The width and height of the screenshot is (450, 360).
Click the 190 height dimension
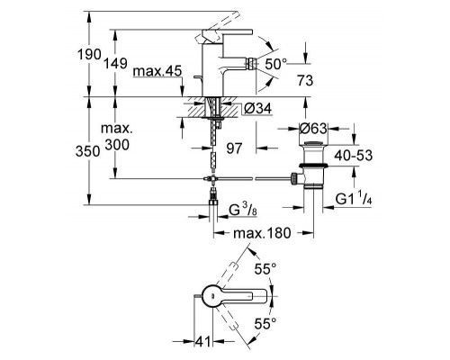89,55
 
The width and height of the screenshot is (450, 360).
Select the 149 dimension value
115,64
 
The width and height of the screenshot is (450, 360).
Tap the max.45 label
157,71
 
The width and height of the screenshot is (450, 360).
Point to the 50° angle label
276,64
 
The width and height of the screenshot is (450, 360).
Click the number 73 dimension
305,80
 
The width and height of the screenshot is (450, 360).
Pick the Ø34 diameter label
257,109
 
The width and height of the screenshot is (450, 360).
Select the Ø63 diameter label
313,129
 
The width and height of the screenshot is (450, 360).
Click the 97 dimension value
234,148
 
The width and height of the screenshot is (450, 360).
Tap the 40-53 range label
354,156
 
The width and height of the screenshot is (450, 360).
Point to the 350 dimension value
88,151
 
